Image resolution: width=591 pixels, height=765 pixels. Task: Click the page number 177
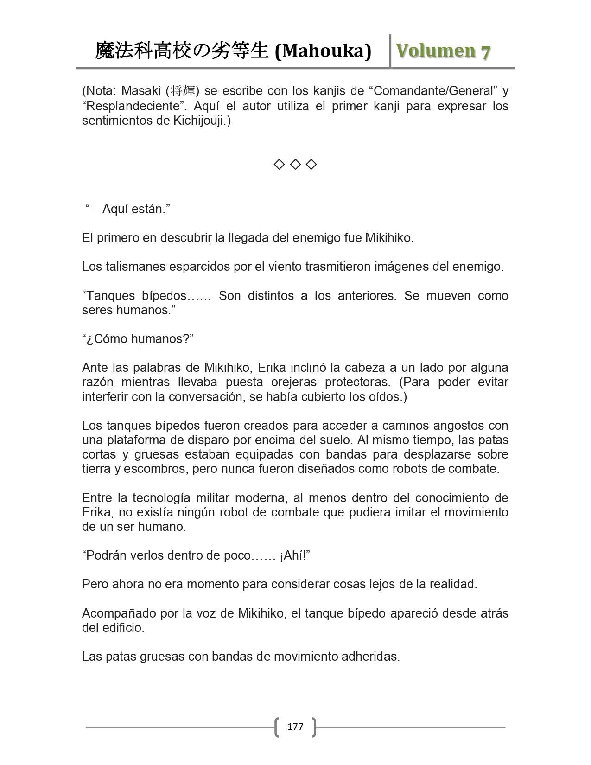point(295,727)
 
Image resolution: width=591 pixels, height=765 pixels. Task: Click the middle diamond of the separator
point(295,164)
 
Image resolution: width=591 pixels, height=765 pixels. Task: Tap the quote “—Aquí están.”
point(128,209)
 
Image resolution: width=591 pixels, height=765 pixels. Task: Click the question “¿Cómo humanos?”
point(138,339)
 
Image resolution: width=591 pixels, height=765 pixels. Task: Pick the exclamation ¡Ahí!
point(293,555)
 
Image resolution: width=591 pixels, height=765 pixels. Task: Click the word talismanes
point(135,267)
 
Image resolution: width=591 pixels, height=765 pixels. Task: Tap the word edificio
point(122,628)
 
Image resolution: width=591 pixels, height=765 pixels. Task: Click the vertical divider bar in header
point(390,51)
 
